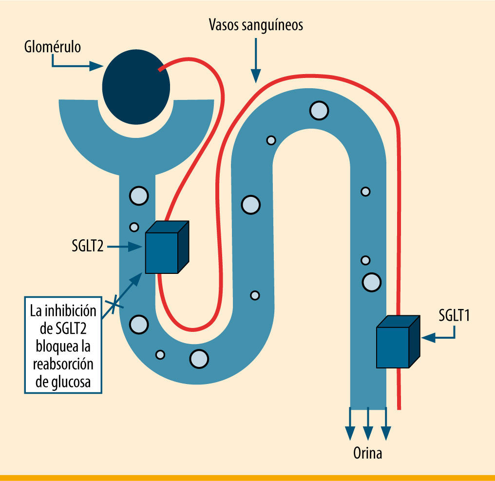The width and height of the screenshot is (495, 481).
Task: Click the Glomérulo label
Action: point(52,47)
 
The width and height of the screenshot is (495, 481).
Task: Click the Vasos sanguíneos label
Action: point(256,25)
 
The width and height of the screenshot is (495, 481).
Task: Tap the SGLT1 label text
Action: point(454,316)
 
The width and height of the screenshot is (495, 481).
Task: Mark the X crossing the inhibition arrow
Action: point(114,304)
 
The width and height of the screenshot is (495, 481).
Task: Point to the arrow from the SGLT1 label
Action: point(438,336)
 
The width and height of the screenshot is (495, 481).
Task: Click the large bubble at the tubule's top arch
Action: point(319,110)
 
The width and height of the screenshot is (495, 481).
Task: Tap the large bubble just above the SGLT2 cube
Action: point(138,195)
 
